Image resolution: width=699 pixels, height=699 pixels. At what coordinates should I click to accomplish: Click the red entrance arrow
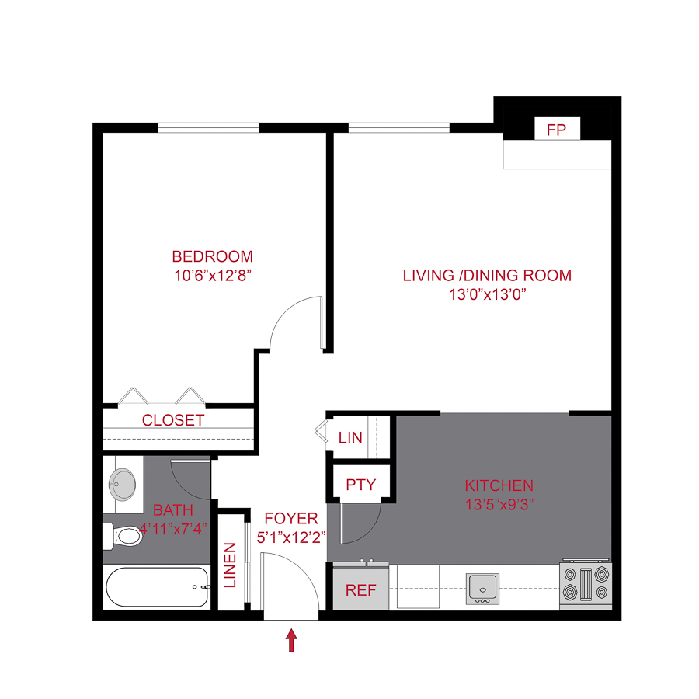tap(292, 640)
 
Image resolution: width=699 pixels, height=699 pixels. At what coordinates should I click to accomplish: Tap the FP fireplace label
tap(557, 130)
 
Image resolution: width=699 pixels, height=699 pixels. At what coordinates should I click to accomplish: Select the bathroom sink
tap(122, 485)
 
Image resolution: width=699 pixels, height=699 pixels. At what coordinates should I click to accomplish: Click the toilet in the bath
tap(120, 534)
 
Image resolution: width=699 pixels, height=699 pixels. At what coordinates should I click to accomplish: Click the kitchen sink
tap(482, 588)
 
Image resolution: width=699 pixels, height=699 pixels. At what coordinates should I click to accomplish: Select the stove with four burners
tap(585, 585)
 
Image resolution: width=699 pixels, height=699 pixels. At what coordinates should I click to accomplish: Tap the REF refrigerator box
tap(360, 589)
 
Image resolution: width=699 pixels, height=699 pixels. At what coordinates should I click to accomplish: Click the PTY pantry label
tap(360, 485)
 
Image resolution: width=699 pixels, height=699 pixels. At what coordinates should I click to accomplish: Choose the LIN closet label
tap(350, 437)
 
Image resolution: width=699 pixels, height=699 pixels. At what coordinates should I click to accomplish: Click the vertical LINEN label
tap(231, 565)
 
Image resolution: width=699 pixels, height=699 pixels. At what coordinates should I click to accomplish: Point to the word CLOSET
tap(173, 420)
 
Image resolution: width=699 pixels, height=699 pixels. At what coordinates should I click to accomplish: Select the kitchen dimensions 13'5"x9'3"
tap(499, 503)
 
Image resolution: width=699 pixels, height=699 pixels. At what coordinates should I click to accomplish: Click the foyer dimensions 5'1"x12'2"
tap(291, 536)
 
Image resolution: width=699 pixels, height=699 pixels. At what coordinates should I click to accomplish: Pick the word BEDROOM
tap(212, 256)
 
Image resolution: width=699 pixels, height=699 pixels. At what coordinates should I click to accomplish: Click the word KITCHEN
tap(499, 485)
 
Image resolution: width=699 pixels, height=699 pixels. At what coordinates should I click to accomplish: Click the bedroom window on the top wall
tap(208, 128)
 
